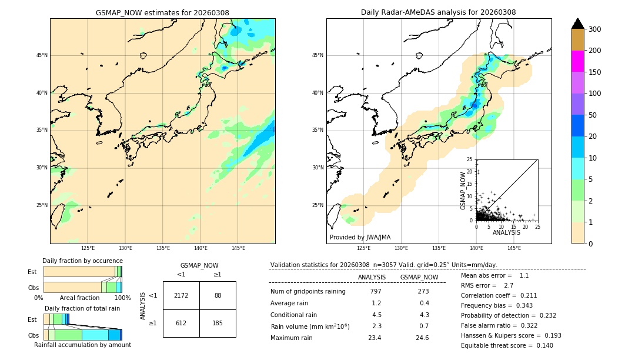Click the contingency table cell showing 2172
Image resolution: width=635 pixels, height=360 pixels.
tap(181, 295)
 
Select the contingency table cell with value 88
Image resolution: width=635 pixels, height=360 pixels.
tap(218, 295)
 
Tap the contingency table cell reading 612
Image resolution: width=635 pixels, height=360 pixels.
tap(181, 323)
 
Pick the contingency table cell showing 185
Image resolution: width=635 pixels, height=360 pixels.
tap(218, 323)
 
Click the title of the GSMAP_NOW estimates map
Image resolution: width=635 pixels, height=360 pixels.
tap(162, 13)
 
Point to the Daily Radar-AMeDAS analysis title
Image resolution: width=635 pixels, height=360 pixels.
tap(439, 13)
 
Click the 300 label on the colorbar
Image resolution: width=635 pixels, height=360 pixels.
tap(594, 29)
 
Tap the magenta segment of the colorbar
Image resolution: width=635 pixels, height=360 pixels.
tap(578, 61)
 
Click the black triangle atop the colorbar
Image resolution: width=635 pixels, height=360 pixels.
tap(578, 24)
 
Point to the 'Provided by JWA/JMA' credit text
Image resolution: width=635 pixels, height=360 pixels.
tap(360, 238)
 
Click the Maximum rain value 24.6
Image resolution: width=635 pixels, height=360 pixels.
tap(422, 338)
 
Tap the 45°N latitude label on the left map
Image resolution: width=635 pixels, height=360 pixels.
tap(42, 55)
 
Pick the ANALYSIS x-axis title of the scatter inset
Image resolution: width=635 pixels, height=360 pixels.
tap(506, 232)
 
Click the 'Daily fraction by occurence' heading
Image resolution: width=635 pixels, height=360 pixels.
tap(82, 261)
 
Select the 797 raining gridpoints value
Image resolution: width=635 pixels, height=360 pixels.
tap(376, 292)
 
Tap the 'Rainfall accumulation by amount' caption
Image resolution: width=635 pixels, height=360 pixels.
tap(83, 345)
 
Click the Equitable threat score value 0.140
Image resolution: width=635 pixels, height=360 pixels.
tap(541, 345)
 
